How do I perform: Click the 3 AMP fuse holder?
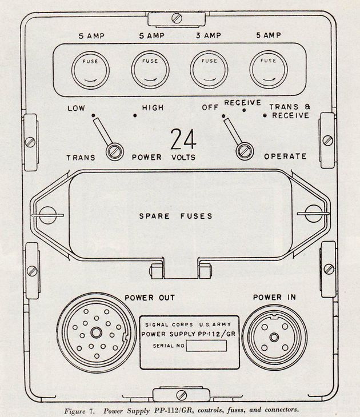coord(209,70)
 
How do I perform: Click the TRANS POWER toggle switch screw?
coord(114,151)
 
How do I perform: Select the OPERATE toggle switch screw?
coord(245,151)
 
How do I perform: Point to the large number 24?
coord(183,139)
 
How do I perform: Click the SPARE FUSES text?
coord(176,216)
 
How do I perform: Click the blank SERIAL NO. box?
coord(206,346)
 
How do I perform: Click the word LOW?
coord(77,107)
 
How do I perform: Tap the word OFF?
coord(210,107)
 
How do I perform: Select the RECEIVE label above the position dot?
coord(242,102)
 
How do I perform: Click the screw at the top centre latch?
coord(177,18)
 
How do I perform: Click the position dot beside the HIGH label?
coord(135,115)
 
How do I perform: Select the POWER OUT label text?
coord(150,298)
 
